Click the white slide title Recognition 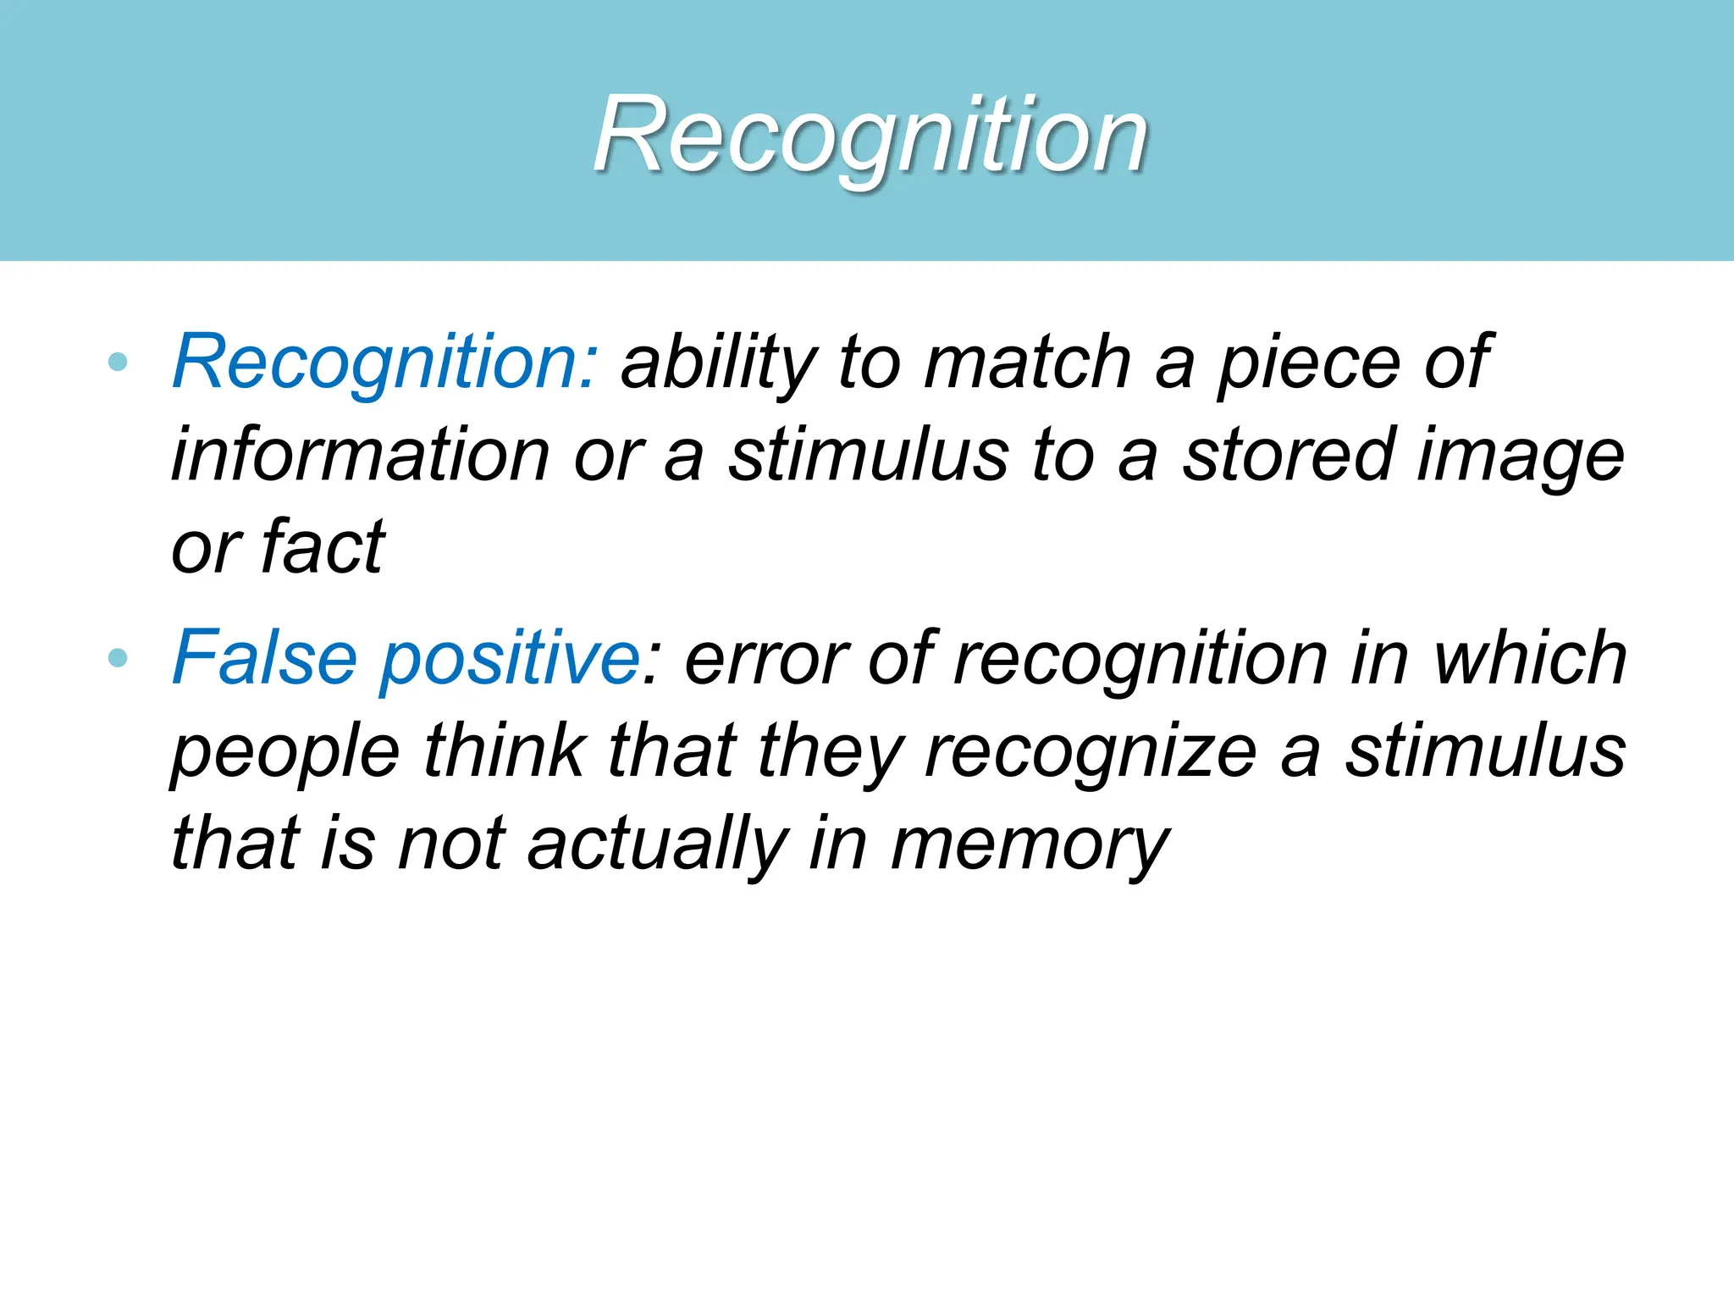tap(870, 136)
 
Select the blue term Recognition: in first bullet tap(385, 363)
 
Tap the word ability tap(719, 363)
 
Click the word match tap(1027, 363)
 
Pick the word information tap(361, 455)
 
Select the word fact tap(323, 547)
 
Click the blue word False tap(264, 658)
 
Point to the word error tap(766, 659)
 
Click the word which tap(1530, 658)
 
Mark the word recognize tap(1091, 752)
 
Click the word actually tap(658, 844)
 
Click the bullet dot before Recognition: tap(119, 363)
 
